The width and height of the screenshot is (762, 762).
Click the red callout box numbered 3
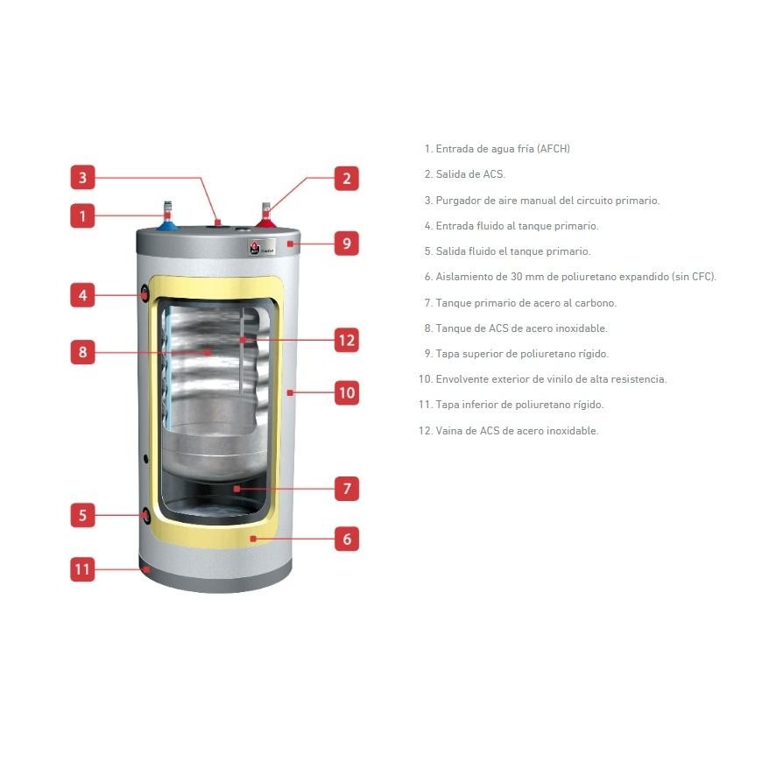pos(82,178)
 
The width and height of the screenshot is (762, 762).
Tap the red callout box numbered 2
pos(347,179)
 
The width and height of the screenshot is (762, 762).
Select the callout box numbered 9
pos(347,243)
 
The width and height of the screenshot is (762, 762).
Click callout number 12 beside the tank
pos(347,340)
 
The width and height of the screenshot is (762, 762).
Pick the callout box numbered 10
pos(347,392)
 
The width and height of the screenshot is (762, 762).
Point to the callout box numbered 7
pos(347,488)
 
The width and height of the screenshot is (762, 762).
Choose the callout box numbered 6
pos(347,539)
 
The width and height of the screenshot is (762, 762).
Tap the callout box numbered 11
pos(82,569)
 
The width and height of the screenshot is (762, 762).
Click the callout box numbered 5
pos(82,515)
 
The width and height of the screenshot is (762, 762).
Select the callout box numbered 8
pos(82,352)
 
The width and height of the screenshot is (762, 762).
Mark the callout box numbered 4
pos(82,295)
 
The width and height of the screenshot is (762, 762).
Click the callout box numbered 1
pos(82,215)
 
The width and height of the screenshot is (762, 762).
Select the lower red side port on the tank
pos(144,515)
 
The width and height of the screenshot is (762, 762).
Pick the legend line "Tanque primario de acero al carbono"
pos(520,303)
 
